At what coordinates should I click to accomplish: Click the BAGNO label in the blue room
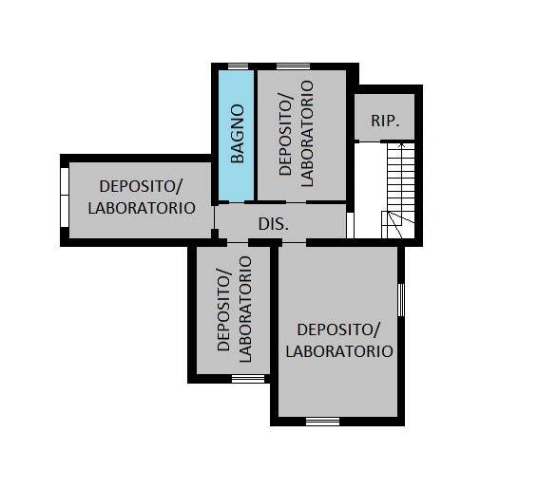click(238, 134)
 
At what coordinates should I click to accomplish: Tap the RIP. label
click(385, 121)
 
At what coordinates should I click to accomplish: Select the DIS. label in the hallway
click(273, 224)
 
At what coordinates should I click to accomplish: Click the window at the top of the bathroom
click(239, 66)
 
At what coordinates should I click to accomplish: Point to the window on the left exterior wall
click(65, 197)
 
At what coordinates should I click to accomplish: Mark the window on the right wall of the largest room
click(401, 300)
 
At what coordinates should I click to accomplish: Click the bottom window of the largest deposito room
click(322, 422)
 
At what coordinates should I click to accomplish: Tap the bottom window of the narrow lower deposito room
click(248, 378)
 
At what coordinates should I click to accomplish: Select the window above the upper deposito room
click(293, 66)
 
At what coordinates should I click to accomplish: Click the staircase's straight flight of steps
click(401, 178)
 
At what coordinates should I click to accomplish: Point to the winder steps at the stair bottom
click(398, 224)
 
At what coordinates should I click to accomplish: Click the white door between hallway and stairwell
click(350, 225)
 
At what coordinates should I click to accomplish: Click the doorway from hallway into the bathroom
click(237, 202)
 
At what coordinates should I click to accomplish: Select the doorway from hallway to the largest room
click(294, 243)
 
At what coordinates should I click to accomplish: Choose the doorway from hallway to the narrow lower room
click(238, 243)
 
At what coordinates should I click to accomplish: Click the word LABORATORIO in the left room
click(142, 208)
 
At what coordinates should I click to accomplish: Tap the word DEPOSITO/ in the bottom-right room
click(338, 329)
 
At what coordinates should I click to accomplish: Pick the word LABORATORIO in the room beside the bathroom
click(307, 134)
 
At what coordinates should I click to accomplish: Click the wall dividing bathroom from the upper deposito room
click(256, 136)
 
